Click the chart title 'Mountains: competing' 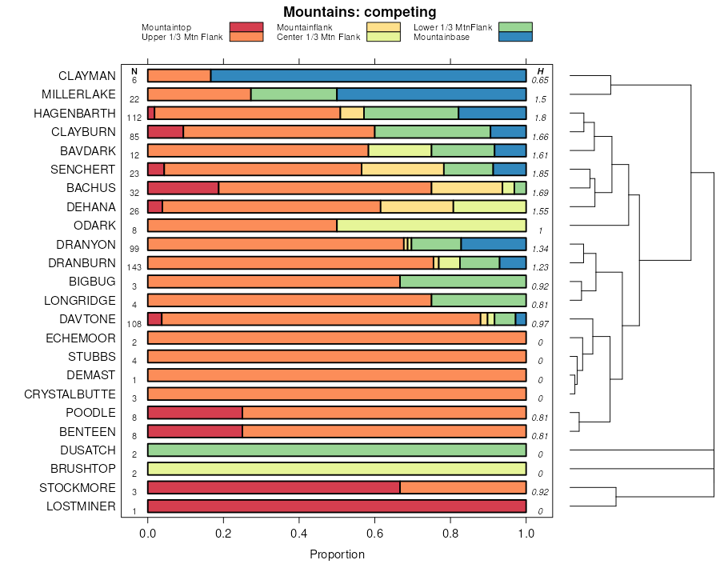pyautogui.click(x=359, y=12)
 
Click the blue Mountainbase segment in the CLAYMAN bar pyautogui.click(x=368, y=76)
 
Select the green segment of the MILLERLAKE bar pyautogui.click(x=294, y=94)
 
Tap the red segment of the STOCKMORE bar pyautogui.click(x=274, y=488)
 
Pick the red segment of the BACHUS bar pyautogui.click(x=183, y=188)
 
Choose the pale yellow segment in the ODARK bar pyautogui.click(x=431, y=226)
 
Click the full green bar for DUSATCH pyautogui.click(x=337, y=450)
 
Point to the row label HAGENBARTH pyautogui.click(x=74, y=114)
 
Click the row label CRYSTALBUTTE pyautogui.click(x=70, y=394)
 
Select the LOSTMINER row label pyautogui.click(x=81, y=506)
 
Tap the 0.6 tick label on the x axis pyautogui.click(x=450, y=532)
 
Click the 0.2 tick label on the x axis pyautogui.click(x=223, y=532)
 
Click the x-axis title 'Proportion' pyautogui.click(x=337, y=554)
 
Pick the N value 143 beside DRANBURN pyautogui.click(x=134, y=267)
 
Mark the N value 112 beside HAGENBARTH pyautogui.click(x=134, y=118)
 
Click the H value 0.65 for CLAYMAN pyautogui.click(x=540, y=80)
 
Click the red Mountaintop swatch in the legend pyautogui.click(x=246, y=27)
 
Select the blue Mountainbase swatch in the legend pyautogui.click(x=514, y=37)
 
